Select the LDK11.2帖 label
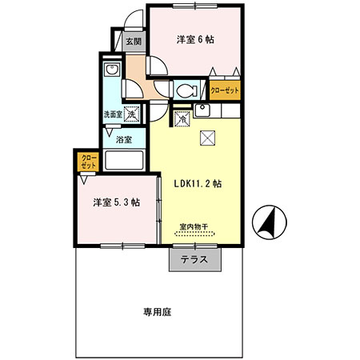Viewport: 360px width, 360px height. coord(198,182)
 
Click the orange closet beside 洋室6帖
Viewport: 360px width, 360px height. coord(225,91)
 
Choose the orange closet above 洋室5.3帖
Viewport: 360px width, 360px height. coord(88,162)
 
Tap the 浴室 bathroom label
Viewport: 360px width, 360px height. coord(123,139)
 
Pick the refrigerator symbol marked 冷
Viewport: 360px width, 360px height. coord(181,118)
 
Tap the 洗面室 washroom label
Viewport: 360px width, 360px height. coord(111,115)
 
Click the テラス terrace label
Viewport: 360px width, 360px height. coord(194,259)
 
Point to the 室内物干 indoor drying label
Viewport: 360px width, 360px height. coord(194,226)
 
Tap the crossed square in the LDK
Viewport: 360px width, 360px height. coord(209,138)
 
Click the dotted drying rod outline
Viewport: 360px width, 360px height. coord(195,234)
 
